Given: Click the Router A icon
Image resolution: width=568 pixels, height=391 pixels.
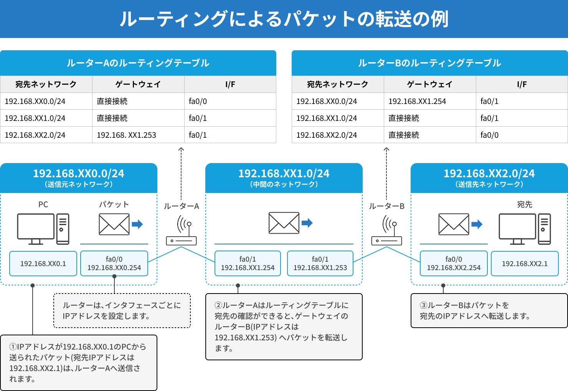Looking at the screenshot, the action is pos(181,230).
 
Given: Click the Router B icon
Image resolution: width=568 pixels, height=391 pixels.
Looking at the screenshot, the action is pos(386,230).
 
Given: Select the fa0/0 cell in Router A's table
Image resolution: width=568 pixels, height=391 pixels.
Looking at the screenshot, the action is pos(230,101).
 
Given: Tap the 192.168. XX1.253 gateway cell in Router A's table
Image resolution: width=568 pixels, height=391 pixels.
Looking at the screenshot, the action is pos(138,135).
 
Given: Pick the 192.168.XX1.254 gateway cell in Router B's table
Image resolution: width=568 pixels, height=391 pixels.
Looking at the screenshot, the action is pos(430,101).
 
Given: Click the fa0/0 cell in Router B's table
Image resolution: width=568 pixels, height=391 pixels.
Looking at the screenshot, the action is pos(522,135).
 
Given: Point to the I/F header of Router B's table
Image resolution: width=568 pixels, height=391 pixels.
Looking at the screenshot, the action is pos(522,84).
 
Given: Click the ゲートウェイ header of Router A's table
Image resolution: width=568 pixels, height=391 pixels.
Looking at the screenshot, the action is pos(138,84).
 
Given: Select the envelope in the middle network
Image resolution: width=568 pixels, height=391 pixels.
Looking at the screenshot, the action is pos(284,223).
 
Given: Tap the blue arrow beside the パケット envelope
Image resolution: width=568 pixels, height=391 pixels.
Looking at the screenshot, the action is pos(137,224).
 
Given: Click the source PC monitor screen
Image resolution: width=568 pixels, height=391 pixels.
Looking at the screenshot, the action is pos(36,226).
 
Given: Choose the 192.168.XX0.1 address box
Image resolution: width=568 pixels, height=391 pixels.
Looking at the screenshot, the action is pos(43,264).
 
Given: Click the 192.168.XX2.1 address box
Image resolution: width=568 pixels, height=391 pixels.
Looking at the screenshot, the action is pos(525,264).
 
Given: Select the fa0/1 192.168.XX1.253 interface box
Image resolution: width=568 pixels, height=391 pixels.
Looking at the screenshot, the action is pos(320,264).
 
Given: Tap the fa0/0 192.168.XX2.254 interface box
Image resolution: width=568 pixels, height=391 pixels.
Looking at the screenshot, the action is pos(454,264).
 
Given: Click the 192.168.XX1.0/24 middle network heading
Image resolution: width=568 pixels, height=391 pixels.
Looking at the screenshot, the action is pos(284,174).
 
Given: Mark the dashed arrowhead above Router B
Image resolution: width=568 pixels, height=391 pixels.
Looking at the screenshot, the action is pos(386,149).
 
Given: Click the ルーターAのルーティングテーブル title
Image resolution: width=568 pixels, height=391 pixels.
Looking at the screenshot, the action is pos(138,63).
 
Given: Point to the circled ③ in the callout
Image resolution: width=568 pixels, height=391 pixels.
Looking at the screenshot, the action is pos(424,305).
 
